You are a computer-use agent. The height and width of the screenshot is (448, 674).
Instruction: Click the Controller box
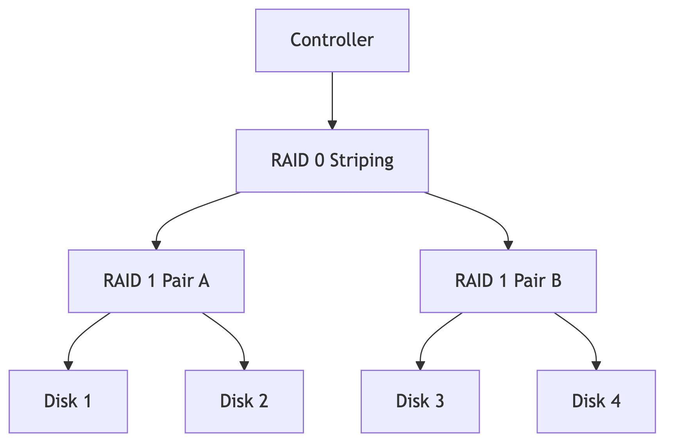[x=332, y=41]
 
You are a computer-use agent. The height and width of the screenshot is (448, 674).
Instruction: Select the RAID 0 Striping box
[x=332, y=161]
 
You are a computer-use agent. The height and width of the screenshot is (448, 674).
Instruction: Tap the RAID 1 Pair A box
[x=156, y=281]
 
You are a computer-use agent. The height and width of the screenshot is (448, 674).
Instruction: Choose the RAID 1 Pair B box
[x=508, y=281]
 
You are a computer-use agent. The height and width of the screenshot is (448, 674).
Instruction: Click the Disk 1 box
[x=68, y=401]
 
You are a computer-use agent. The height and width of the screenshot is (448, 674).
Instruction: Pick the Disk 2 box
[x=244, y=401]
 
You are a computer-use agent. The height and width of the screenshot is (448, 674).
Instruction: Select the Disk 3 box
[x=420, y=401]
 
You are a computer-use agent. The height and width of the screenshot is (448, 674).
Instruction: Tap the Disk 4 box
[x=596, y=401]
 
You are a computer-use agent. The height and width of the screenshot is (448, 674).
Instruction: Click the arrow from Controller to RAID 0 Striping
[x=332, y=100]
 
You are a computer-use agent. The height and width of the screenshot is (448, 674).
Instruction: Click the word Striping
[x=361, y=161]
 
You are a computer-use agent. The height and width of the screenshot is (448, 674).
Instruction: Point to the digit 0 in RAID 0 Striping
[x=319, y=160]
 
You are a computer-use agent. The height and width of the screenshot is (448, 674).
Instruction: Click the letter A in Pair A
[x=204, y=281]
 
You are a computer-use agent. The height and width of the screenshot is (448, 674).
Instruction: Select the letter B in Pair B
[x=556, y=281]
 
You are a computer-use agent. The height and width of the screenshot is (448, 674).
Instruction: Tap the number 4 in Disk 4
[x=615, y=401]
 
